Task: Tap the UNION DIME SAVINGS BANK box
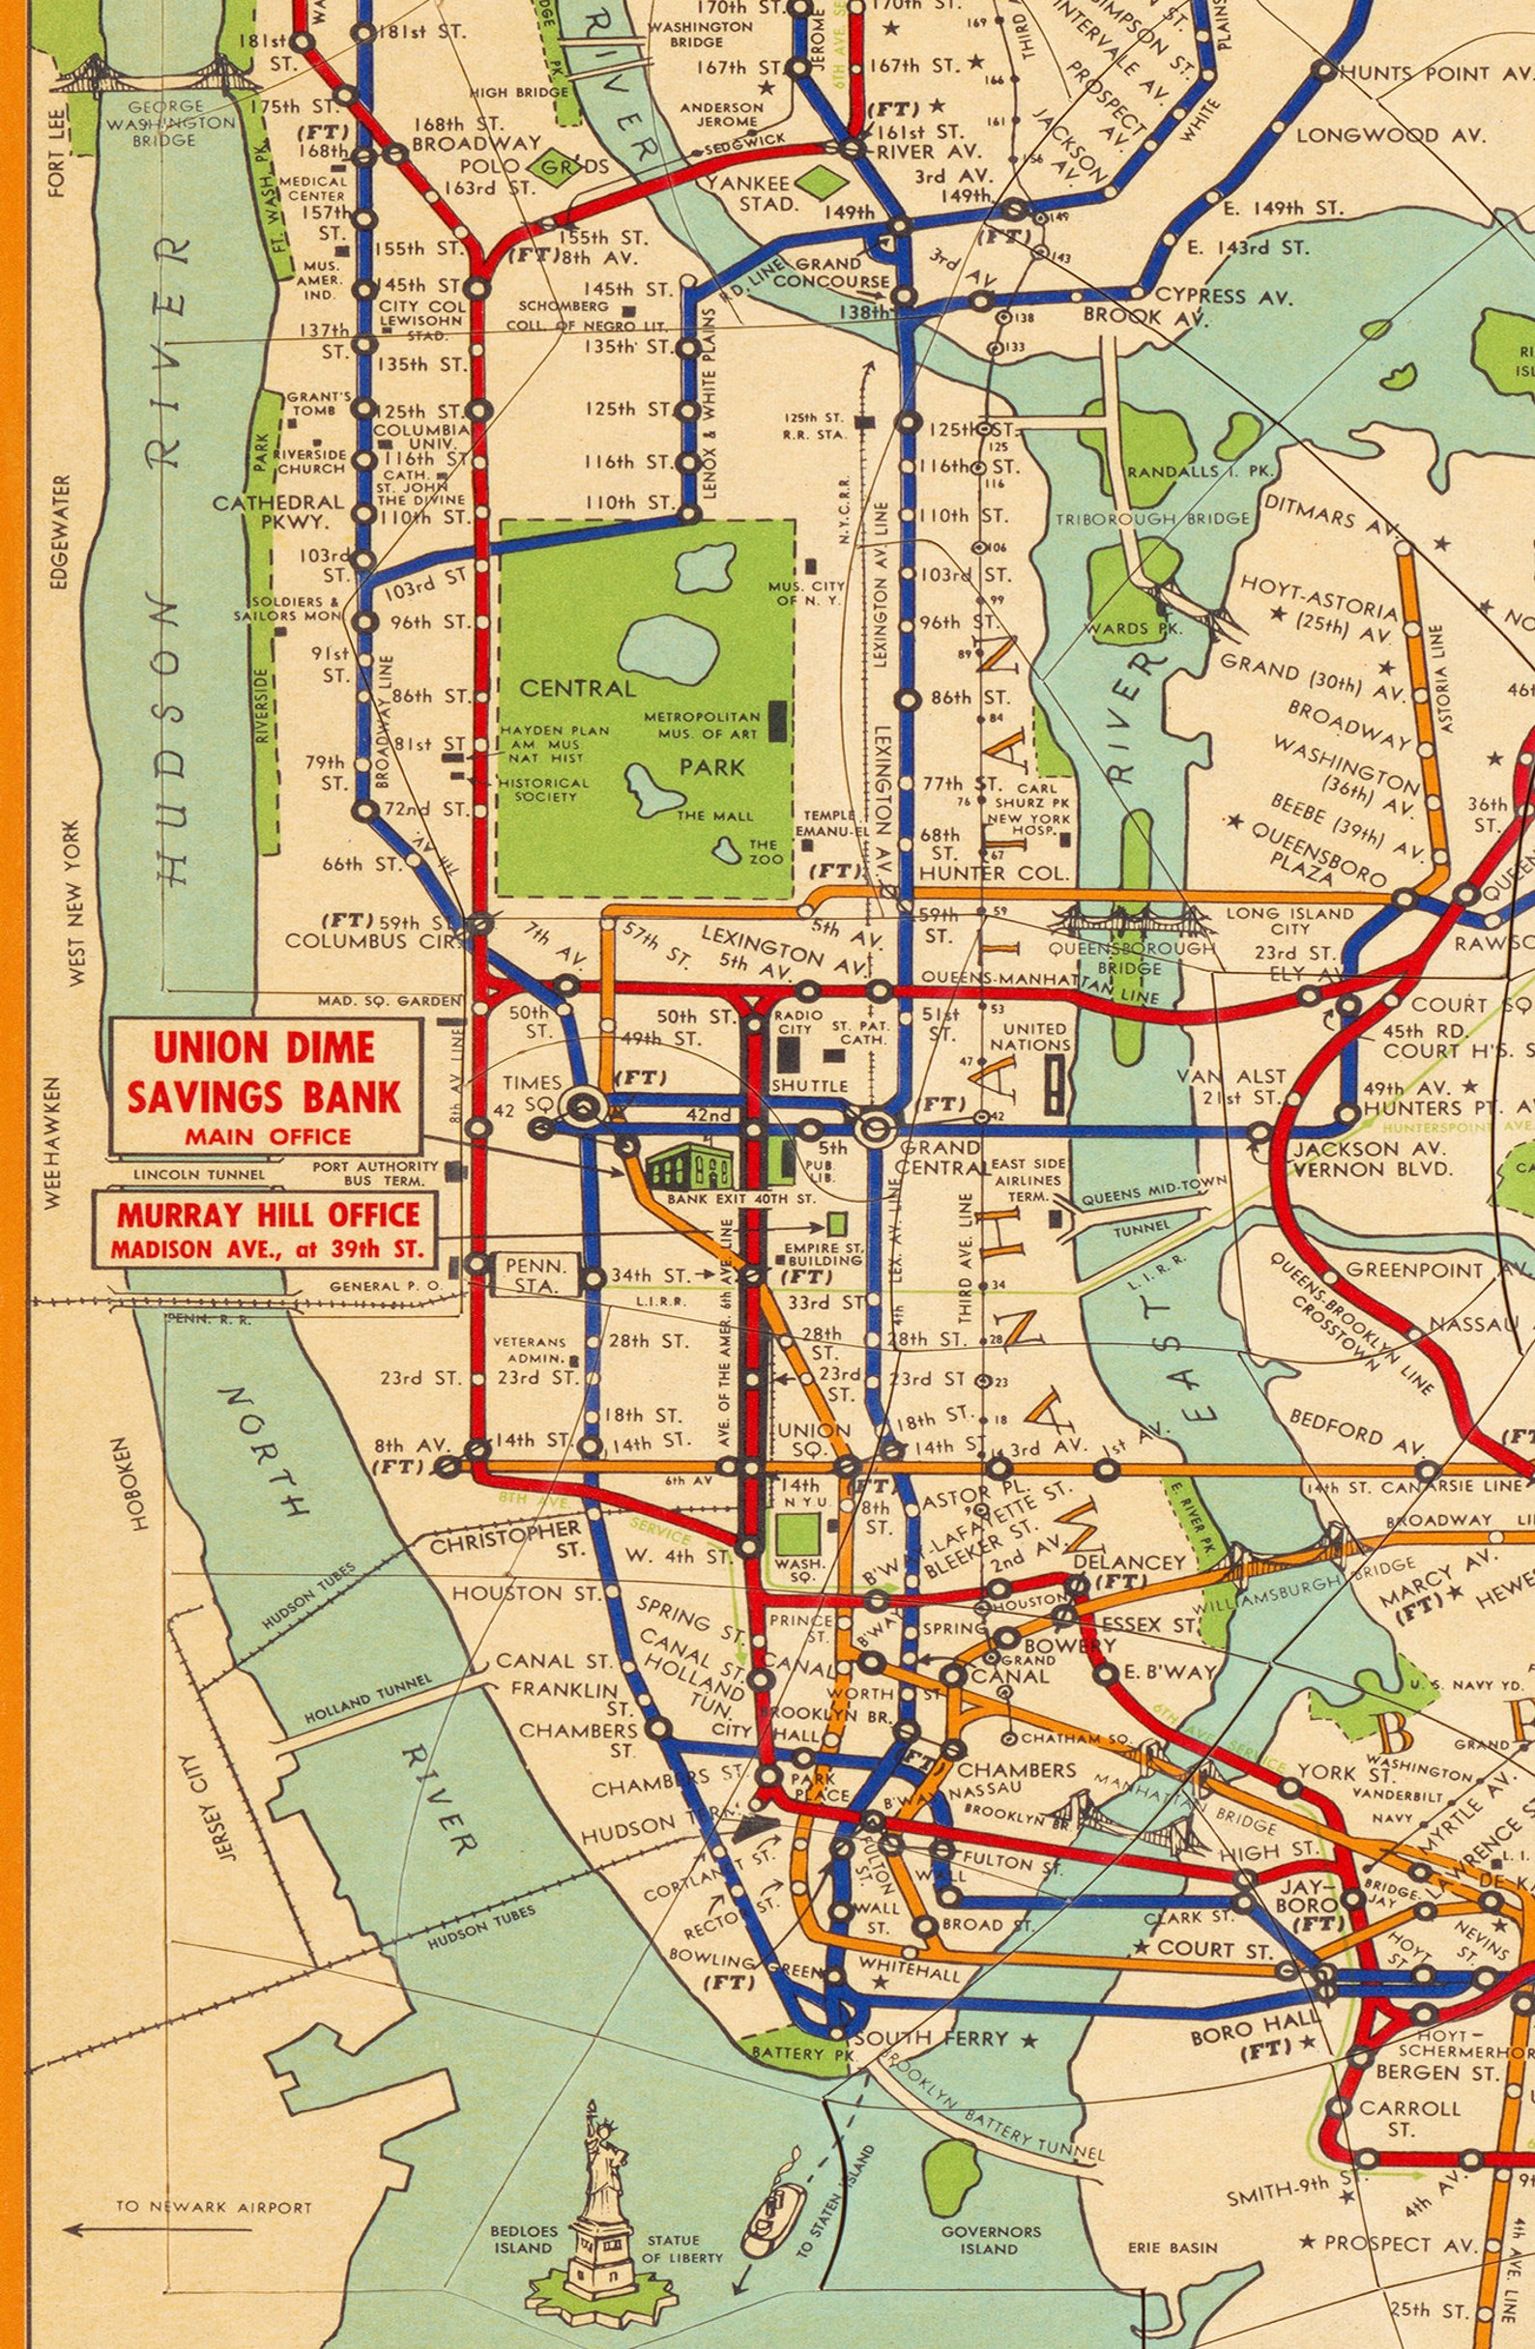click(266, 1085)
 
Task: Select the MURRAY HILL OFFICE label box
click(265, 1229)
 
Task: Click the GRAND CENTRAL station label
click(939, 1158)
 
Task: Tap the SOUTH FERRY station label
click(931, 2038)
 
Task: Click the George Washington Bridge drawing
click(148, 75)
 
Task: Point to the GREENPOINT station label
click(1413, 1270)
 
